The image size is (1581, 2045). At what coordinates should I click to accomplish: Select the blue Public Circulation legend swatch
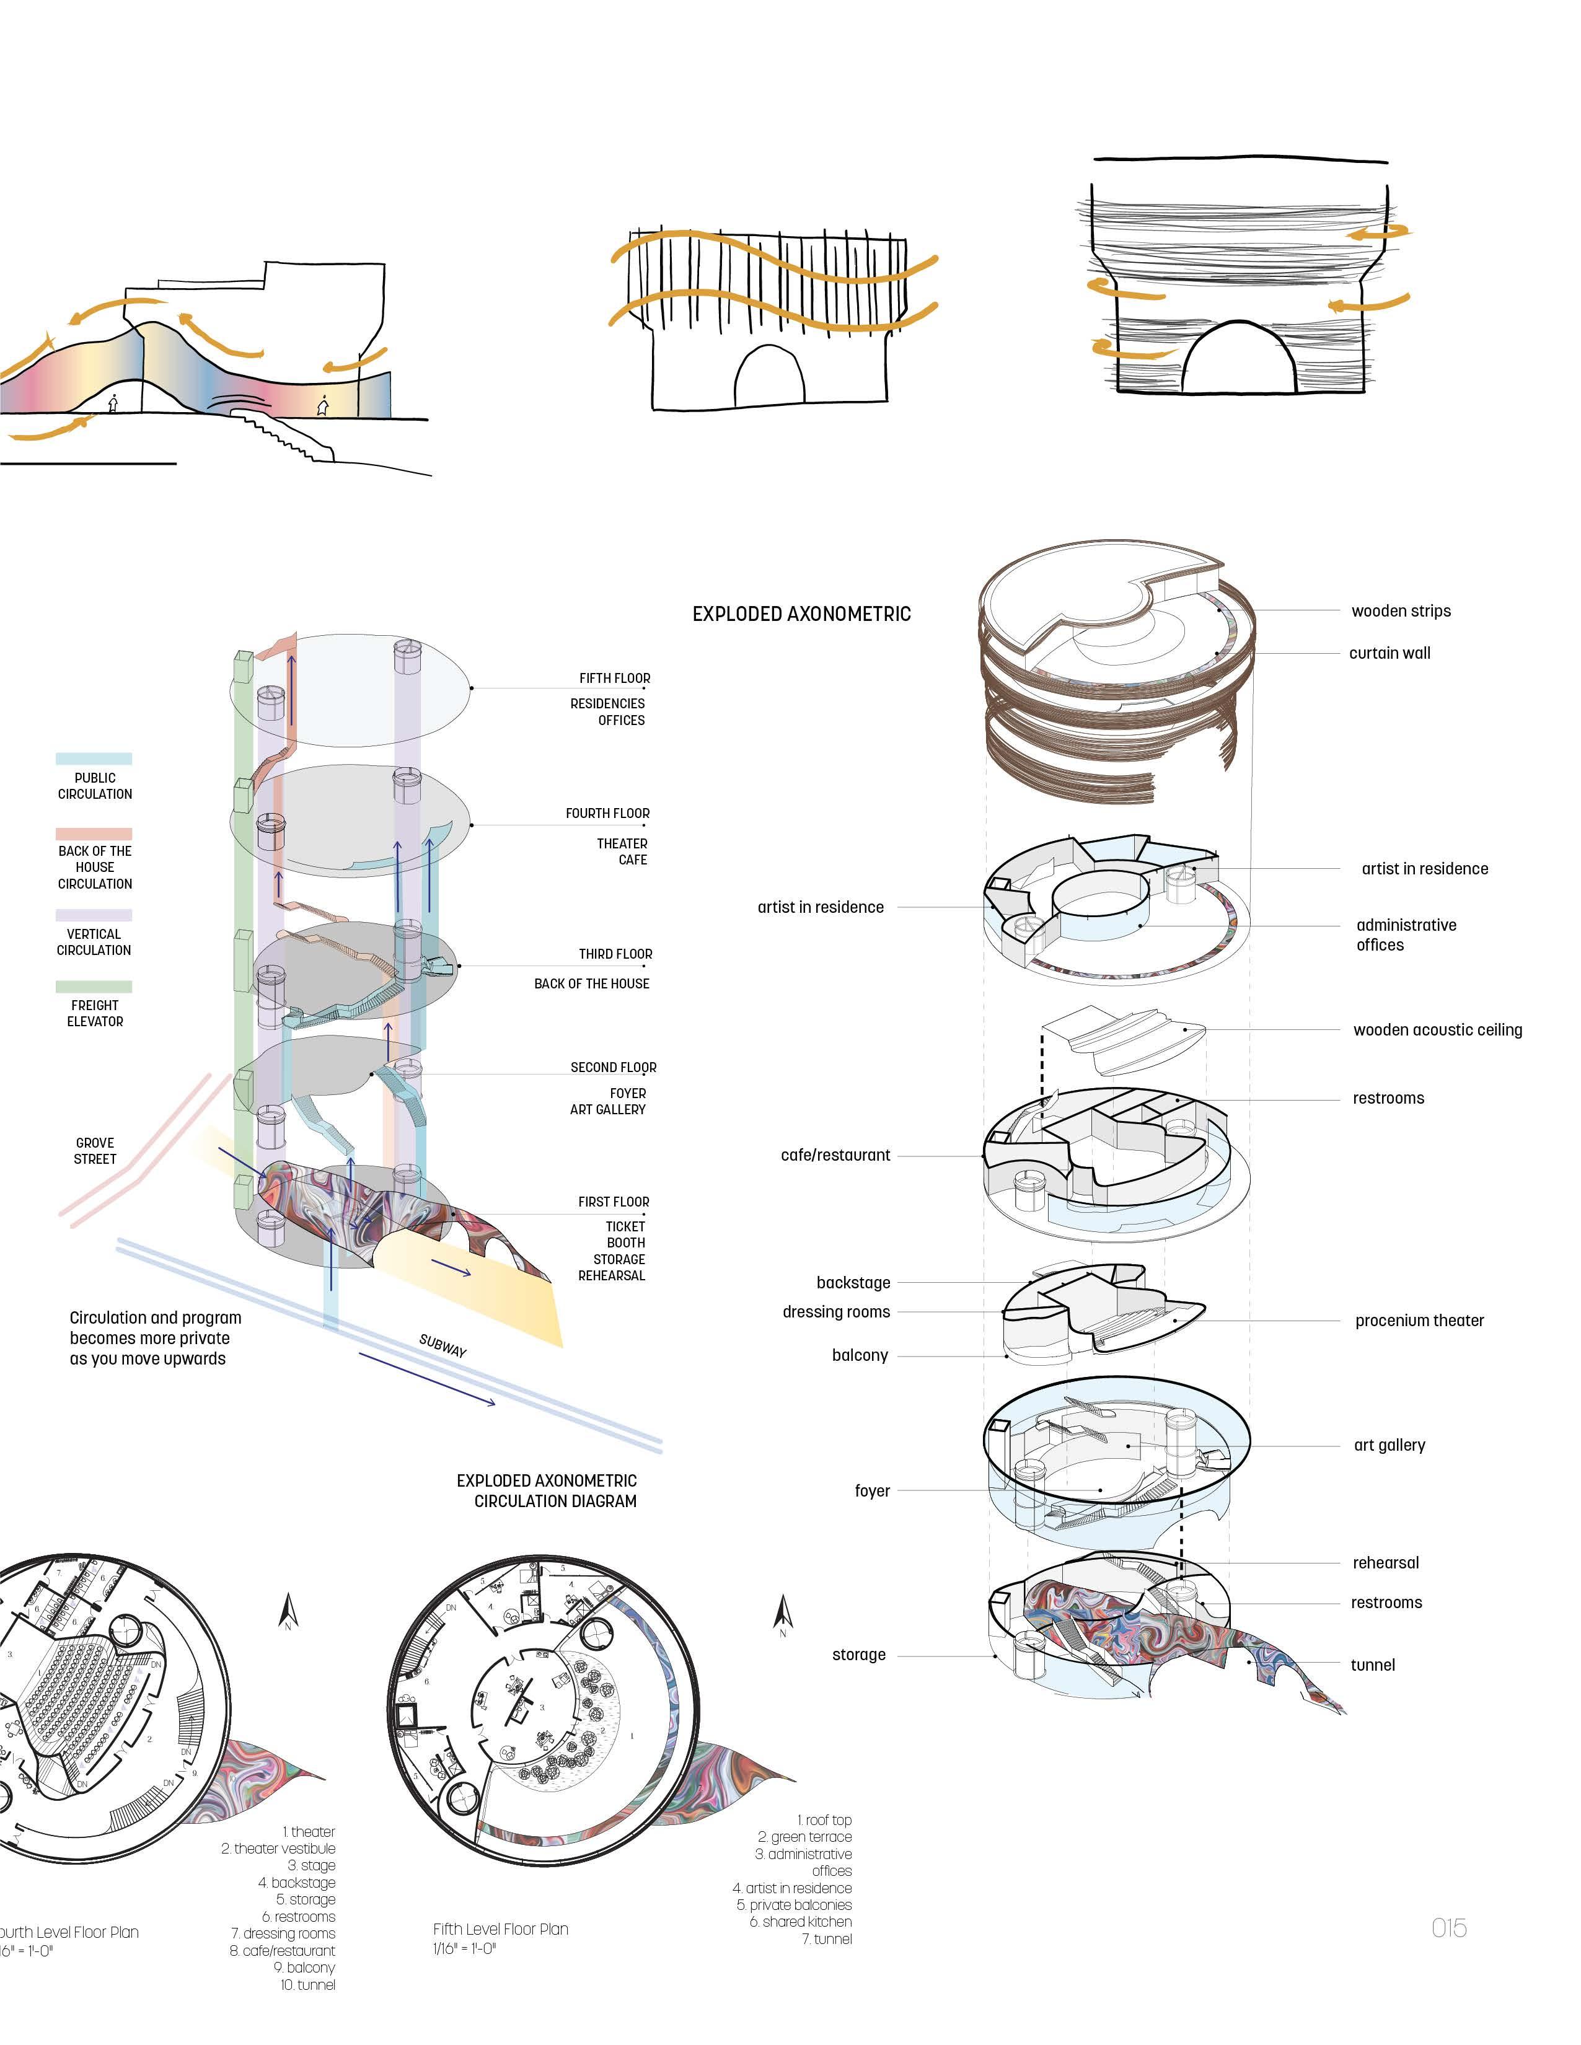[94, 759]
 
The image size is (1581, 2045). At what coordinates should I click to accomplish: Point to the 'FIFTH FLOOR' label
[614, 678]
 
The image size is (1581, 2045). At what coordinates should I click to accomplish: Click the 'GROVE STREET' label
[95, 1151]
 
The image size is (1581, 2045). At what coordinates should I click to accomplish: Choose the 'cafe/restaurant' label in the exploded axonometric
[835, 1156]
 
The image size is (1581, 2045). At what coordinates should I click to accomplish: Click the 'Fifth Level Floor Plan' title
[500, 1929]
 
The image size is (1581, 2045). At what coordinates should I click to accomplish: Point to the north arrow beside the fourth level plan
[289, 1611]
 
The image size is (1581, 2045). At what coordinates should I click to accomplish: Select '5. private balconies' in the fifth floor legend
[795, 1904]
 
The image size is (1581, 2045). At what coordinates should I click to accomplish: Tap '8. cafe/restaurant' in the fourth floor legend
[282, 1950]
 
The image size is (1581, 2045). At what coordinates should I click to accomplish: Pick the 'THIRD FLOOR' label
[615, 954]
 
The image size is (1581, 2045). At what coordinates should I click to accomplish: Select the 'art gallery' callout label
[1389, 1445]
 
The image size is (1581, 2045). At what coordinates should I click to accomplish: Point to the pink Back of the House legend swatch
[94, 833]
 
